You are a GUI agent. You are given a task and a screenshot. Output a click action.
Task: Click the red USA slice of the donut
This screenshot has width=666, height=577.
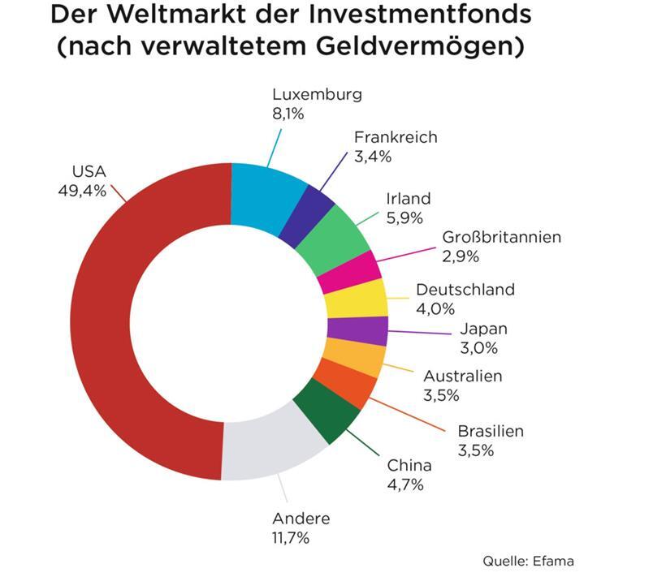(x=106, y=325)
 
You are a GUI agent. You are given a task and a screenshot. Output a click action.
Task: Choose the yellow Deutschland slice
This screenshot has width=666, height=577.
(x=355, y=300)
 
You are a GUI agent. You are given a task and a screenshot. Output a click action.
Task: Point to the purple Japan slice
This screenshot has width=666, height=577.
(x=357, y=330)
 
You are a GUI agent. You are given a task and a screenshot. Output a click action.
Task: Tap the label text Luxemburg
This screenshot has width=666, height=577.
(x=317, y=94)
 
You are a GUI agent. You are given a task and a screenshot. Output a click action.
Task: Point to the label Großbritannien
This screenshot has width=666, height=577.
(x=501, y=238)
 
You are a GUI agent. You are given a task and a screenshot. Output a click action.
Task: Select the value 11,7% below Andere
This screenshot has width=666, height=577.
(x=291, y=537)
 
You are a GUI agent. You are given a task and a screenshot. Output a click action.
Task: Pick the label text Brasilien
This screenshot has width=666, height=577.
(x=491, y=432)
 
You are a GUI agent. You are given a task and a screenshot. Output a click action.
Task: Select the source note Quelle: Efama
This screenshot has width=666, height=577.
(x=528, y=561)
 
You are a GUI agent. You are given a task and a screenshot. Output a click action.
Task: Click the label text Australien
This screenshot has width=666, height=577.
(x=463, y=377)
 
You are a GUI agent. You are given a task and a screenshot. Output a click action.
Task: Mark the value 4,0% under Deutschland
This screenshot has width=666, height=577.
(x=435, y=308)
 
